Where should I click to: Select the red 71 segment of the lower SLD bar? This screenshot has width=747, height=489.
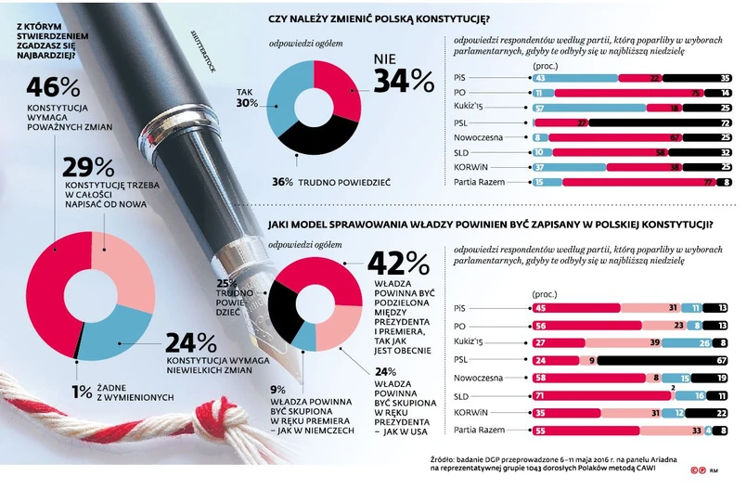coord(599,395)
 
